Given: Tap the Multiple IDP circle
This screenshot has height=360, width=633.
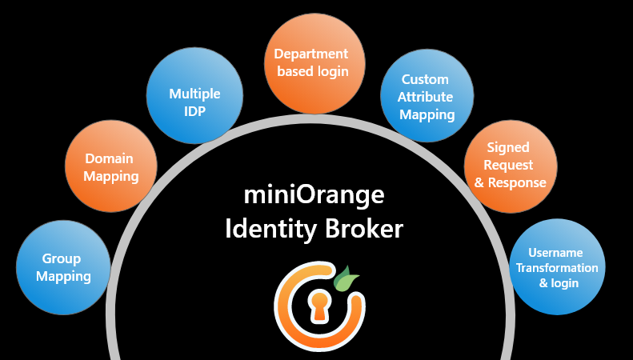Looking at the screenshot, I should (194, 102).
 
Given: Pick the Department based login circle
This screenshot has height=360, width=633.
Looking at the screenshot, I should (311, 63).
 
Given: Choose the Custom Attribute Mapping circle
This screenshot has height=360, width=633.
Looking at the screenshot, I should (427, 96).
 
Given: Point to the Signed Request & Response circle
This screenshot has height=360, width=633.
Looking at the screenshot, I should (510, 165).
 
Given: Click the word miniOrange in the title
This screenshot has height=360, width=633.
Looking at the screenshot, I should (314, 194).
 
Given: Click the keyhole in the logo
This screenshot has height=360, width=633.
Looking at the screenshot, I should (319, 306).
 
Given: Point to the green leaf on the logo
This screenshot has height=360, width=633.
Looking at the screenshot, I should (347, 280).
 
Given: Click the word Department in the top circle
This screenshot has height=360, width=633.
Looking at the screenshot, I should (311, 54).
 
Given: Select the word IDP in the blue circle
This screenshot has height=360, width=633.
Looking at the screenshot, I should (194, 111).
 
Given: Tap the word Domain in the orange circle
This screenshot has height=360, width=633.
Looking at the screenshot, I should (109, 158).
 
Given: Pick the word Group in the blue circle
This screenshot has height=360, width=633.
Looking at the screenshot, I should (63, 259).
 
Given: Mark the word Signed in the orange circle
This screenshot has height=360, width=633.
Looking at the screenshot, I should (509, 148).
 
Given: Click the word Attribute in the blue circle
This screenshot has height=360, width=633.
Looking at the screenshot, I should (427, 97).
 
